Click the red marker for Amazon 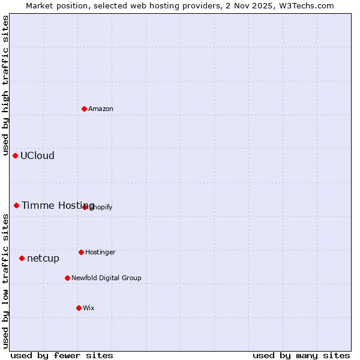click(x=84, y=109)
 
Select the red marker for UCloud click(x=15, y=155)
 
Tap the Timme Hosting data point click(x=16, y=205)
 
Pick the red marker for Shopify click(x=85, y=207)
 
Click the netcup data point click(x=22, y=258)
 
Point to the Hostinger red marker click(x=81, y=252)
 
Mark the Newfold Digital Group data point click(x=67, y=278)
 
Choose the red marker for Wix click(x=79, y=308)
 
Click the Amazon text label click(x=101, y=109)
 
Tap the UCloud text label click(x=37, y=155)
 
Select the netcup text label click(x=43, y=258)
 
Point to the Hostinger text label click(x=100, y=252)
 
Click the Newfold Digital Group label click(x=106, y=278)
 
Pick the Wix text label click(x=89, y=308)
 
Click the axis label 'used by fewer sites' click(x=62, y=355)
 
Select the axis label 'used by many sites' click(x=301, y=355)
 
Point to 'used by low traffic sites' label click(x=5, y=281)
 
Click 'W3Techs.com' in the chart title click(x=307, y=5)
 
